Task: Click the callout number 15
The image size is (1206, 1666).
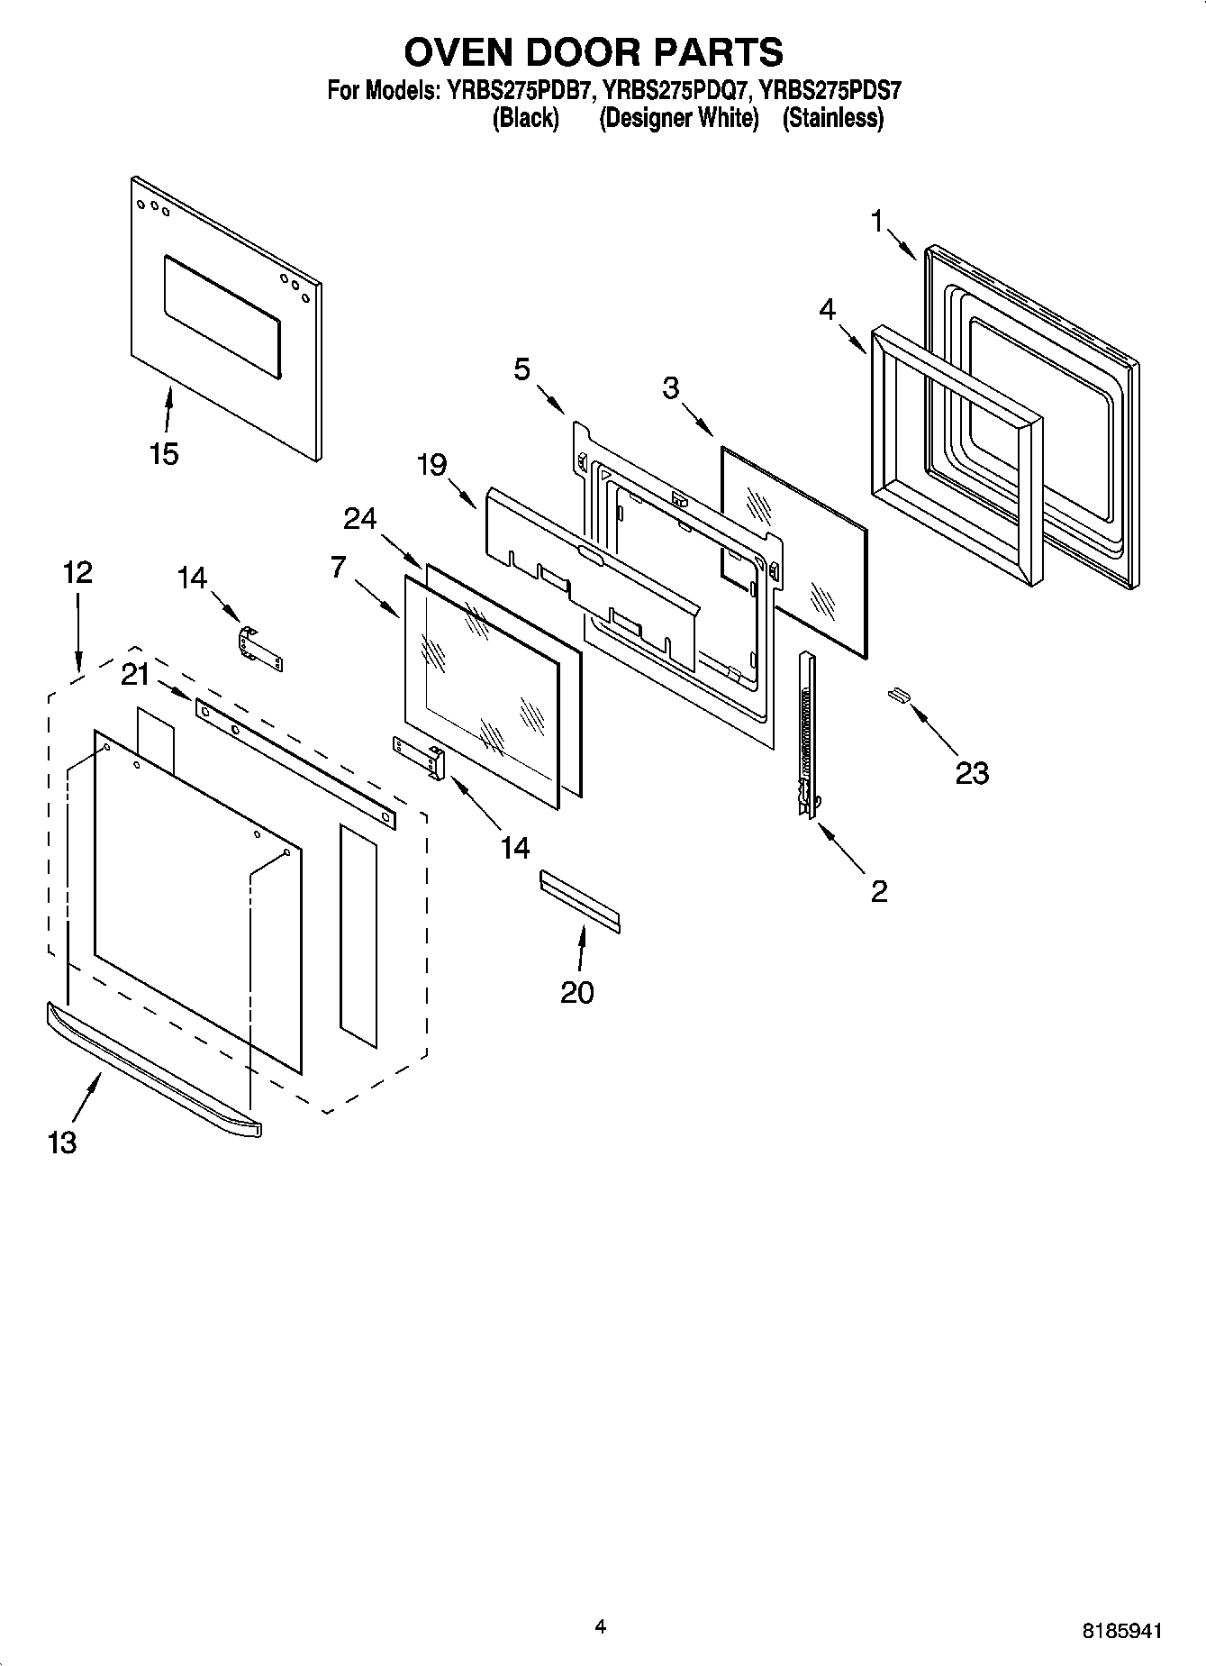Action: coord(164,453)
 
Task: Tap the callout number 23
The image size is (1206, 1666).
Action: coord(972,772)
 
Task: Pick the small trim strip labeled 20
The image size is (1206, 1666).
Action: coord(580,900)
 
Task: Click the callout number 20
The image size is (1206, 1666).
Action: coord(577,992)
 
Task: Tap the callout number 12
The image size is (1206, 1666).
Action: coord(77,572)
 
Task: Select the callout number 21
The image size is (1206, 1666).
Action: coord(135,673)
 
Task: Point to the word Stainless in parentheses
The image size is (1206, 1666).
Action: coord(833,118)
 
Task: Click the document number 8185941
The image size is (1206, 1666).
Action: coord(1121,1631)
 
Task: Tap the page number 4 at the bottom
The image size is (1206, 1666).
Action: coord(601,1626)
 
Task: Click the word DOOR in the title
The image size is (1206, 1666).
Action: coord(594,52)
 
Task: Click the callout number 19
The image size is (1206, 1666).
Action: coord(431,465)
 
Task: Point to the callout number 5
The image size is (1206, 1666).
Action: coord(522,369)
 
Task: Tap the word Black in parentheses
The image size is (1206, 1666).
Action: coord(525,118)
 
